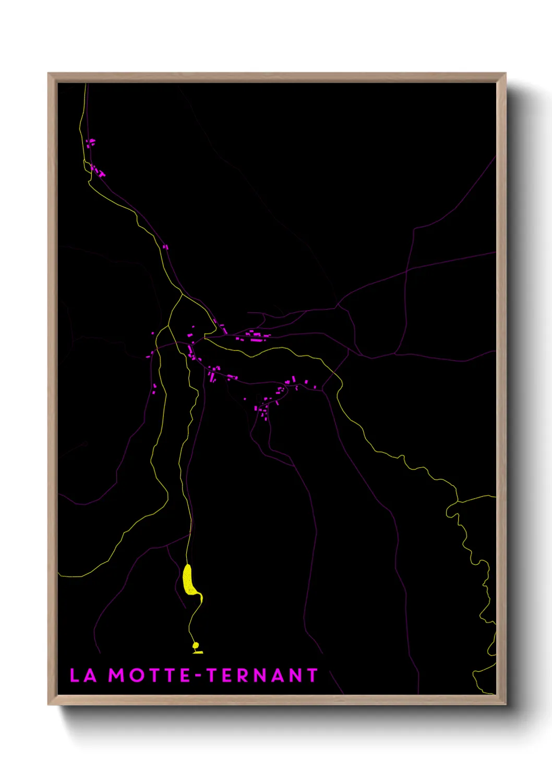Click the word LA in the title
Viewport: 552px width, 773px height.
click(83, 675)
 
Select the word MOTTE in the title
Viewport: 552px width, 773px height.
click(149, 675)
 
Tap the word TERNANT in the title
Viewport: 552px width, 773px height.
click(262, 675)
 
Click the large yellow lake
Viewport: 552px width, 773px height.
click(189, 580)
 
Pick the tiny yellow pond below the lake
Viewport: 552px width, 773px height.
click(196, 647)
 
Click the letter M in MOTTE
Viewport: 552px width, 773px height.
click(116, 675)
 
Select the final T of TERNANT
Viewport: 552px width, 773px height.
click(311, 675)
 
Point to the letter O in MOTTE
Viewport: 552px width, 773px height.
click(137, 675)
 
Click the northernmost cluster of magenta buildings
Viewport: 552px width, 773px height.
click(91, 142)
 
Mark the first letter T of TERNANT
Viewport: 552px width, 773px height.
click(212, 675)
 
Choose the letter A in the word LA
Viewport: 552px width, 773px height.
click(90, 675)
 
